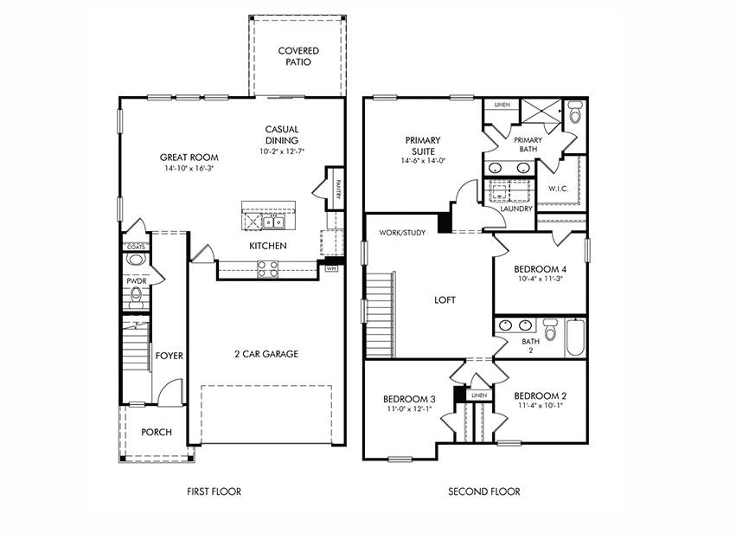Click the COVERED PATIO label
(x=298, y=56)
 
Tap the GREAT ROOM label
(x=189, y=157)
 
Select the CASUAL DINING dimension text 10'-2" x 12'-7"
(x=282, y=151)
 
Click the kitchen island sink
(x=273, y=222)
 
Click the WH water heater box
(x=330, y=268)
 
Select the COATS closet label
(x=136, y=247)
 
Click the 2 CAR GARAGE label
(x=266, y=354)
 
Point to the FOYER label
(x=168, y=356)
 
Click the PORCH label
(x=157, y=432)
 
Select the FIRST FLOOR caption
(x=214, y=492)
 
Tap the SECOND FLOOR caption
(x=483, y=492)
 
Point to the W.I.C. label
(x=557, y=188)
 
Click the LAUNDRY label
(x=516, y=209)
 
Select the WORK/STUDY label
(x=401, y=232)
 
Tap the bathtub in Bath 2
(x=575, y=338)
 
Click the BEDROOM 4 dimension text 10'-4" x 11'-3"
(x=539, y=279)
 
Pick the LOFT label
(x=445, y=300)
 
